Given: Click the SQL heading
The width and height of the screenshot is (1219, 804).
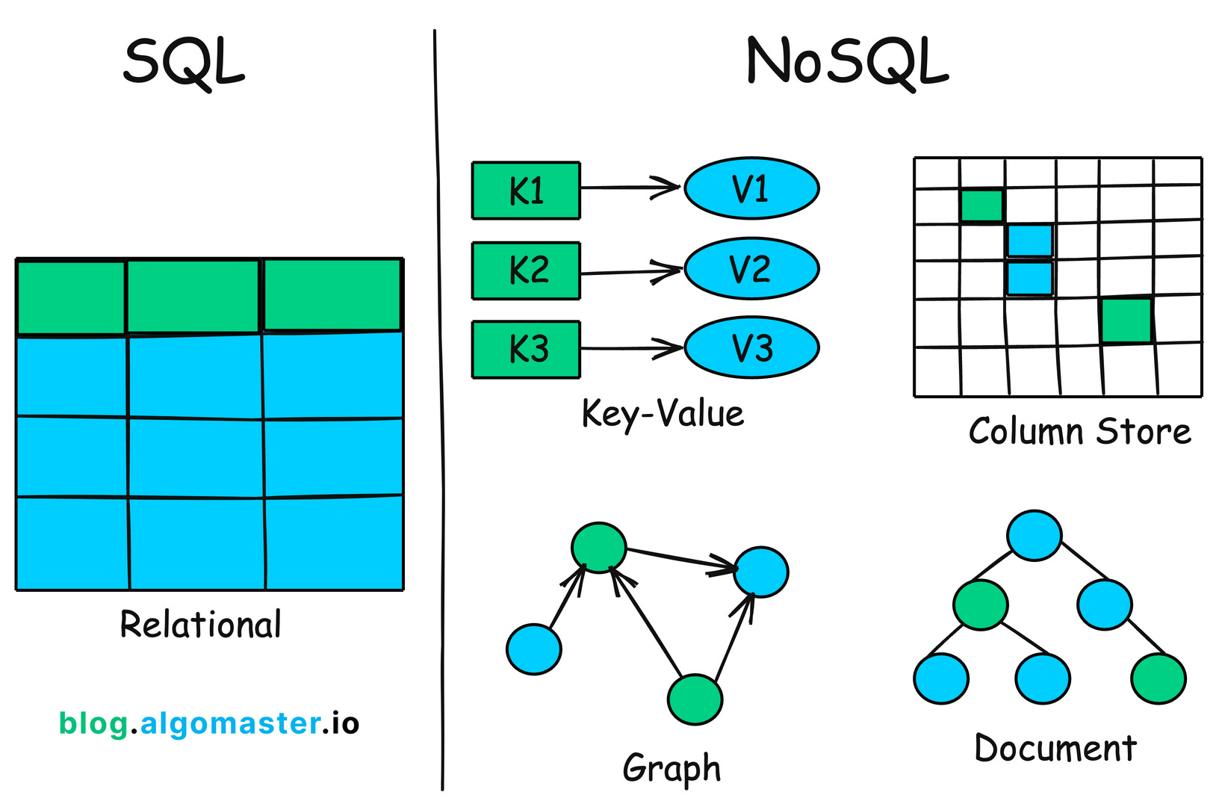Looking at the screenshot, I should point(184,63).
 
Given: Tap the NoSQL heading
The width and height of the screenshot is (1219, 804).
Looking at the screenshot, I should point(847,63).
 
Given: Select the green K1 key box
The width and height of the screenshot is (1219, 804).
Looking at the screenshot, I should point(526,191).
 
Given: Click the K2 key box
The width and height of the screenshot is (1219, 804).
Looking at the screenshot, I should point(526,270).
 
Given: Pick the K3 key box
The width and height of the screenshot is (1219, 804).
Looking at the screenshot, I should point(526,350).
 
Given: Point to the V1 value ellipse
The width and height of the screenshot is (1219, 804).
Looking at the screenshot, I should point(751,188).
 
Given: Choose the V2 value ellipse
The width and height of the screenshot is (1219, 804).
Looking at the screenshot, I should point(751,268).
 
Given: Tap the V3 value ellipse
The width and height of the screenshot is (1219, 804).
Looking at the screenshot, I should point(751,347).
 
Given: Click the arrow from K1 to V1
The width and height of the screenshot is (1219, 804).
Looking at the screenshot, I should point(627,188).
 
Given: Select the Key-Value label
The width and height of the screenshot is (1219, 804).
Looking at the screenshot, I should point(663,414).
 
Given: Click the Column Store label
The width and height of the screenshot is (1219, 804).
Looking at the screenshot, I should point(1079,432).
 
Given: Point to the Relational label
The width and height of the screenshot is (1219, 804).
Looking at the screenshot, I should point(200,625).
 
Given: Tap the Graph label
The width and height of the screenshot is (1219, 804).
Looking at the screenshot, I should point(671,768).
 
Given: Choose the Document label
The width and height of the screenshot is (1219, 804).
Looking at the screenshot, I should point(1055,749).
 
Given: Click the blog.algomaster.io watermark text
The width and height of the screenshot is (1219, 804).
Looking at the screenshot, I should point(209,723).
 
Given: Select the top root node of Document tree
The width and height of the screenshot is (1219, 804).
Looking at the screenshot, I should point(1034,536).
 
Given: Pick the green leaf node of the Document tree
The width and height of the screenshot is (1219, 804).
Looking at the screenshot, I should point(1158,678).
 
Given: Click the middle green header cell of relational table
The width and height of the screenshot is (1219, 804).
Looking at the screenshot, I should point(193,296).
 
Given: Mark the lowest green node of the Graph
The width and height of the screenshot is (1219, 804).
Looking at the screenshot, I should point(695,699).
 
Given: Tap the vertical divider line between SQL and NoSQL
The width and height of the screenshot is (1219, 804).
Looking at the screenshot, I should point(439,411).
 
